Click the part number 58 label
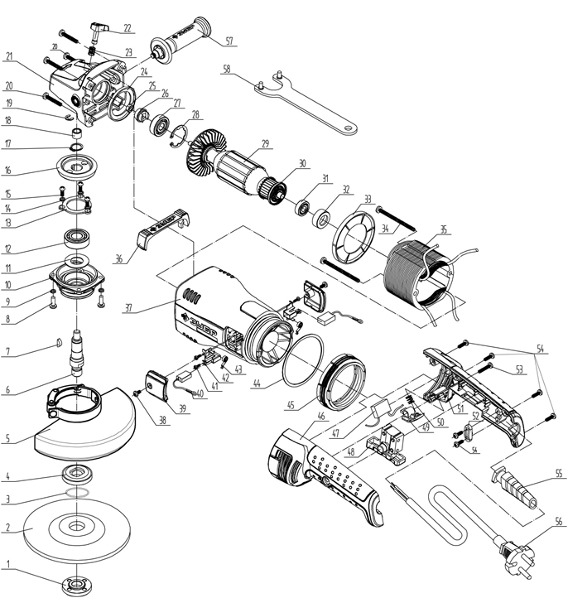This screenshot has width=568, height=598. click(x=225, y=70)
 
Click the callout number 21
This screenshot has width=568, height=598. click(x=10, y=56)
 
